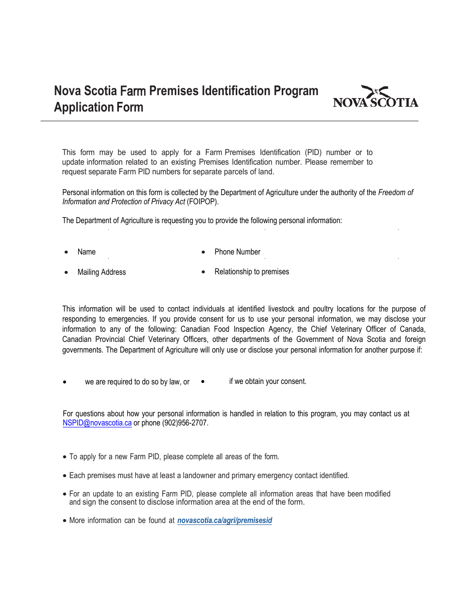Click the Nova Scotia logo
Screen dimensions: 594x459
[375, 97]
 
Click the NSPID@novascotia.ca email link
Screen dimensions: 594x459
[97, 423]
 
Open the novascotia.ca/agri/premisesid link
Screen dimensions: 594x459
[225, 521]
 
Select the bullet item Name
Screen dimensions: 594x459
[86, 252]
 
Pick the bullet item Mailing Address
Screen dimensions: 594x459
[101, 272]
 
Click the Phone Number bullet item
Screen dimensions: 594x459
[237, 252]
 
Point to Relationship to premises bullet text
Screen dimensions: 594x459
[252, 272]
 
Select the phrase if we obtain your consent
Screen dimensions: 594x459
[268, 382]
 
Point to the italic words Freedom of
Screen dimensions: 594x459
[395, 192]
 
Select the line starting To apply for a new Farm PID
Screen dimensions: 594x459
[174, 457]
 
